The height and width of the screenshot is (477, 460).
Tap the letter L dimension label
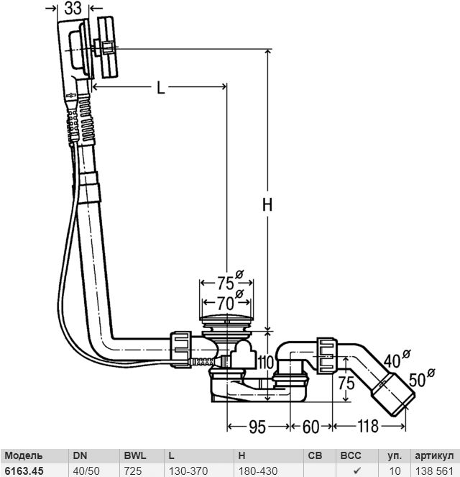(x=160, y=88)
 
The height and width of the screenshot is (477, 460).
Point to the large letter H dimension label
(x=267, y=204)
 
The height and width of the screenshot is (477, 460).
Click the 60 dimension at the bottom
(x=310, y=427)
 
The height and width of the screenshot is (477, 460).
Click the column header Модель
(x=23, y=456)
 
